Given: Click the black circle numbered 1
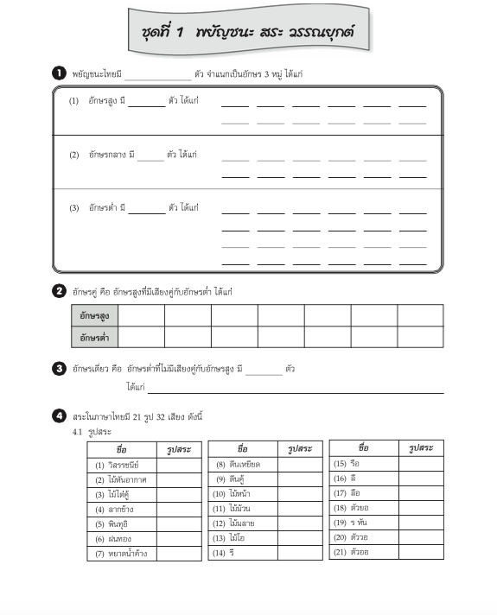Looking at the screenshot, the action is [x=59, y=74].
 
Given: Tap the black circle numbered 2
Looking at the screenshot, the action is [x=59, y=291].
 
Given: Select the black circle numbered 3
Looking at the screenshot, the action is [x=59, y=369].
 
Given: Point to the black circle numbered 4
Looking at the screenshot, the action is [x=59, y=416].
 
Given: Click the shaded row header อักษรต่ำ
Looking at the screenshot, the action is [x=94, y=337].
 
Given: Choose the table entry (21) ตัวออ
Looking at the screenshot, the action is [x=352, y=552].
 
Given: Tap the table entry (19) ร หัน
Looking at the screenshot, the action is [x=352, y=523].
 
